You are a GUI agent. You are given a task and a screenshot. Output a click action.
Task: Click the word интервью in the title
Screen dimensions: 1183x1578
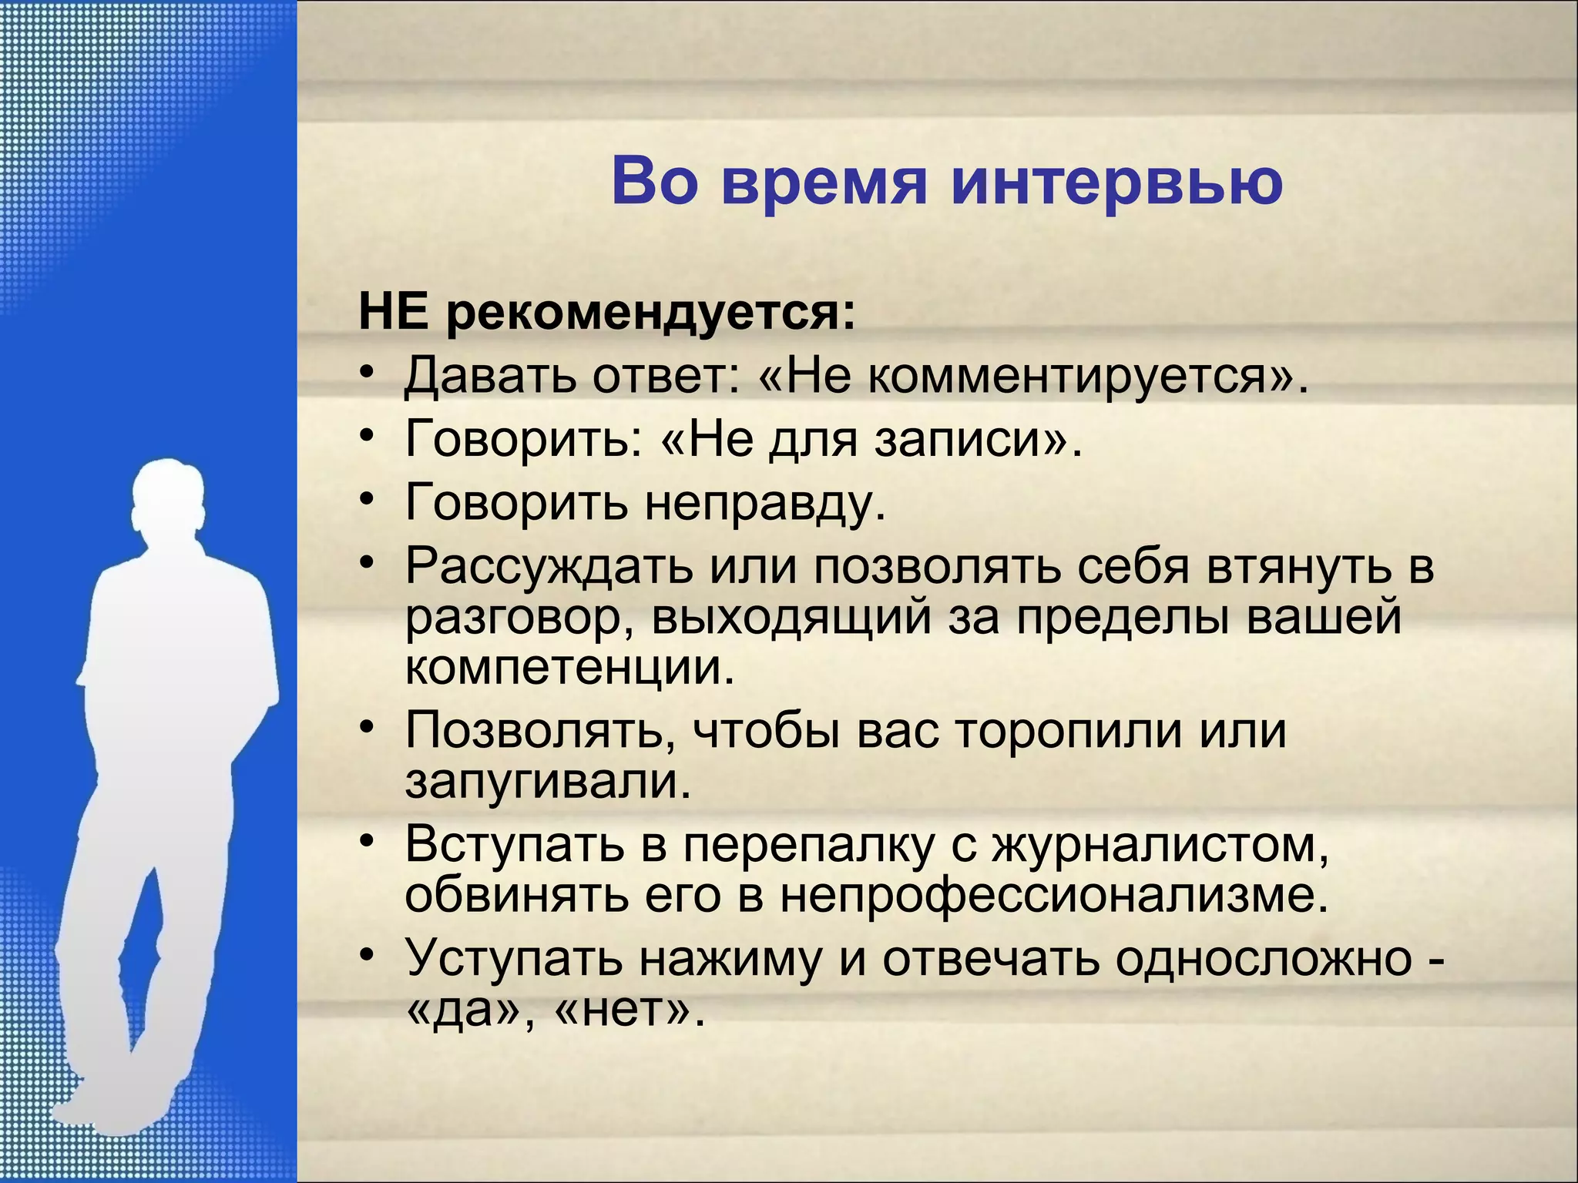(1116, 183)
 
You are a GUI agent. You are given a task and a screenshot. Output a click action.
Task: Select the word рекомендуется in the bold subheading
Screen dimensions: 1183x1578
(650, 314)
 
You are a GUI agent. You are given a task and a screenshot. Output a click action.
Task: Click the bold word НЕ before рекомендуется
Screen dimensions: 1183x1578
(393, 313)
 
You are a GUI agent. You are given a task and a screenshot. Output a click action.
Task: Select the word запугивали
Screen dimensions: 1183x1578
(548, 781)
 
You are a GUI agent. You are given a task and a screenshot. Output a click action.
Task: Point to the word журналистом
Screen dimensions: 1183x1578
(1160, 843)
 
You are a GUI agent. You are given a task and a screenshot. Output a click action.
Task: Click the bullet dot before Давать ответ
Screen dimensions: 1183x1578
(368, 374)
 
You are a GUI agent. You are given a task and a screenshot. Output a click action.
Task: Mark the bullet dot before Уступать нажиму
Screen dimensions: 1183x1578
(368, 955)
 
